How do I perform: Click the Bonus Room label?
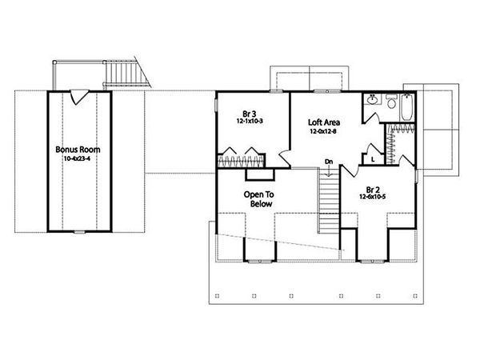coord(76,149)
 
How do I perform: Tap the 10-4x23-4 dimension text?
coord(76,158)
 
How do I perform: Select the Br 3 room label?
coord(249,113)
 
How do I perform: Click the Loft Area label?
coord(325,122)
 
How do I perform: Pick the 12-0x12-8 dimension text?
coord(325,131)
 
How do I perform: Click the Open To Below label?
coord(258,198)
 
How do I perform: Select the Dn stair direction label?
coord(329,162)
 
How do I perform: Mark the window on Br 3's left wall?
coord(217,106)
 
